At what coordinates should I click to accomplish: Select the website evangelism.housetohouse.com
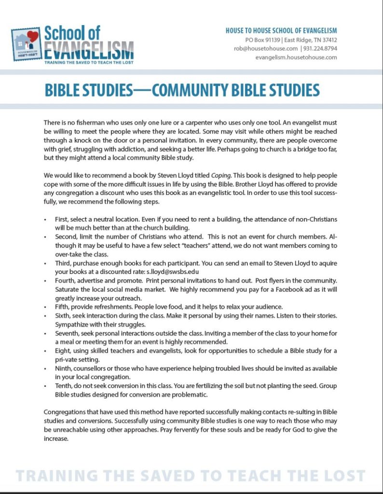296,57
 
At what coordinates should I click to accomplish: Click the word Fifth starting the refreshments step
62,307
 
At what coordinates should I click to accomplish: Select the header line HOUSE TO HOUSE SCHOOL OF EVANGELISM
281,31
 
